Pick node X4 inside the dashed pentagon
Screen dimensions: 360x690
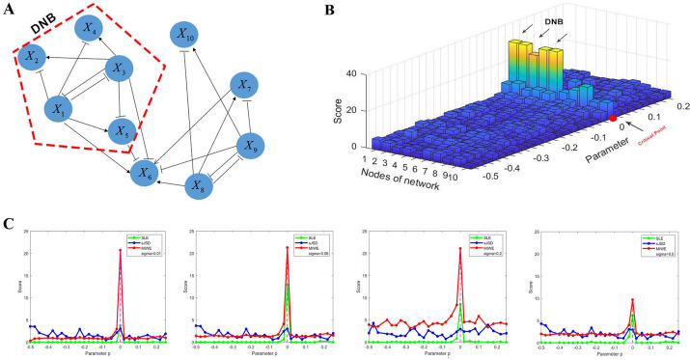(90, 28)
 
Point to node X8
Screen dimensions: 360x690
(199, 183)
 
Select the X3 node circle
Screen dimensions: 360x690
(118, 69)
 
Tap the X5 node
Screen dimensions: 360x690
(118, 132)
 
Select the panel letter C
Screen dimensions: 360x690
(8, 222)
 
